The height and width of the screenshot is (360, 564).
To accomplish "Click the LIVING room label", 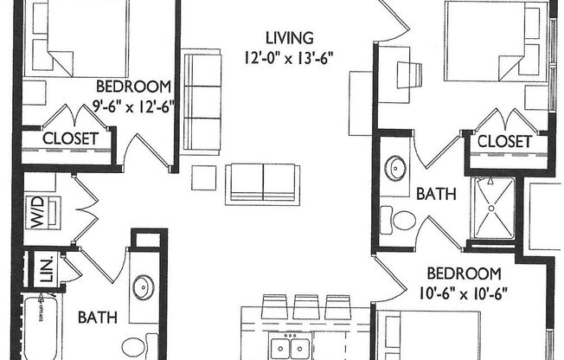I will [x=288, y=38].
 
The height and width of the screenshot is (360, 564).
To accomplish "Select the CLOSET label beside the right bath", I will [x=504, y=140].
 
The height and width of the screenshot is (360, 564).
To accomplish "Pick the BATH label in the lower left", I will [x=98, y=318].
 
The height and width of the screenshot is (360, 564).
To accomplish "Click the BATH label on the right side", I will [x=437, y=196].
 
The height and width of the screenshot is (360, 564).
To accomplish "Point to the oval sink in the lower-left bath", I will [x=144, y=286].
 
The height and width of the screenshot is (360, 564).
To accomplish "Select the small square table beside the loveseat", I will [x=204, y=176].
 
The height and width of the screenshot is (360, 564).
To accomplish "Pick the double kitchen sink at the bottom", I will [x=290, y=349].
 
